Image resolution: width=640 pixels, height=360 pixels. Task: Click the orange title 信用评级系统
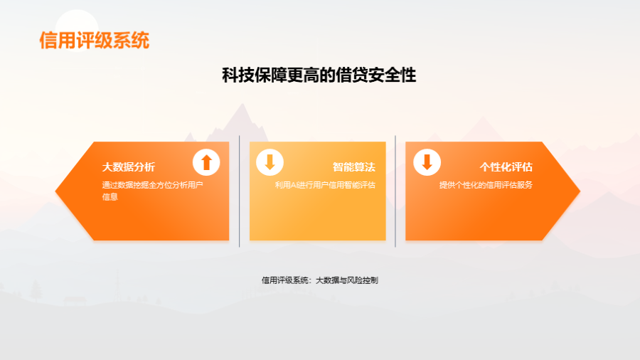point(95,41)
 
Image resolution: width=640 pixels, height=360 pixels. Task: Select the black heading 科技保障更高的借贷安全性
point(319,75)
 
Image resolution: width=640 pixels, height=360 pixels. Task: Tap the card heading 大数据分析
point(128,167)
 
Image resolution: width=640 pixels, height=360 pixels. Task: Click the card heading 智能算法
point(353,167)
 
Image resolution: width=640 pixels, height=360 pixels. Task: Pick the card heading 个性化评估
point(506,167)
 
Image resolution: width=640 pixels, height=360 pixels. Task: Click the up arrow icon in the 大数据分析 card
point(206,162)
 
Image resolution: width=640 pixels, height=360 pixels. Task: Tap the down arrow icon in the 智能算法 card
point(270,162)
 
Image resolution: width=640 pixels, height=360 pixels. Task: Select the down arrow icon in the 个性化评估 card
point(427,162)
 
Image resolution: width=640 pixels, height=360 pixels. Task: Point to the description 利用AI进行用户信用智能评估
point(325,185)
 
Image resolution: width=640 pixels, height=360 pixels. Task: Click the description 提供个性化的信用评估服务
point(486,185)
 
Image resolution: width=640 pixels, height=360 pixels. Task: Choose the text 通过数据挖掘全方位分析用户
point(152,185)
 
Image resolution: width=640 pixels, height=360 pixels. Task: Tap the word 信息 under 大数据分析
point(110,197)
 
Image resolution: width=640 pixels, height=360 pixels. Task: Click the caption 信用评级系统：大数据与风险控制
point(319,280)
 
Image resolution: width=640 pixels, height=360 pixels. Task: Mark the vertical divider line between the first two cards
point(239,191)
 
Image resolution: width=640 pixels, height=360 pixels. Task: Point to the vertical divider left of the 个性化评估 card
point(395,191)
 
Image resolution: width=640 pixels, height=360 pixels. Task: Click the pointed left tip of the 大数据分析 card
point(55,191)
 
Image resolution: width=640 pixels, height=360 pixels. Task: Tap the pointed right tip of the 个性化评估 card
point(580,191)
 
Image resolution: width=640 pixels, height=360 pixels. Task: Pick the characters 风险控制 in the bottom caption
point(363,280)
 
